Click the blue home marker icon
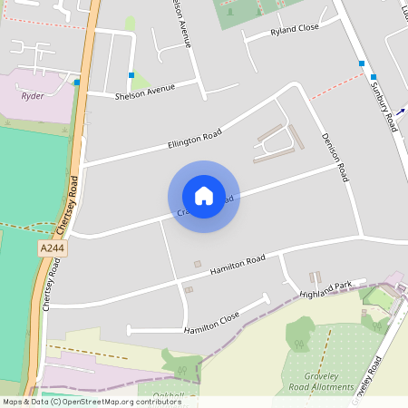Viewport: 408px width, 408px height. [204, 196]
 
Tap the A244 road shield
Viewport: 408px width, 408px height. [52, 248]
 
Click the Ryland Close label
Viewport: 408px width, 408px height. [295, 30]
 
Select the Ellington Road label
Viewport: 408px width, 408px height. [194, 137]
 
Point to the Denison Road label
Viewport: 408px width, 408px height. [335, 158]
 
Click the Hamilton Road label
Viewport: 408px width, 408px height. [238, 265]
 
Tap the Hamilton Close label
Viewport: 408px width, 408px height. [211, 322]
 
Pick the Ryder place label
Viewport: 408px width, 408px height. [33, 95]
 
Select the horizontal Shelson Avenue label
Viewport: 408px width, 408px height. [143, 93]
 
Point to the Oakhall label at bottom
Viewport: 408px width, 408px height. [169, 395]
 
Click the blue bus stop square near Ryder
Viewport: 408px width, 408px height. [77, 83]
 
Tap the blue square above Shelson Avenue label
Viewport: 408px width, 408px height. [131, 75]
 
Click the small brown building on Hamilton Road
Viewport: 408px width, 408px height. [198, 264]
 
